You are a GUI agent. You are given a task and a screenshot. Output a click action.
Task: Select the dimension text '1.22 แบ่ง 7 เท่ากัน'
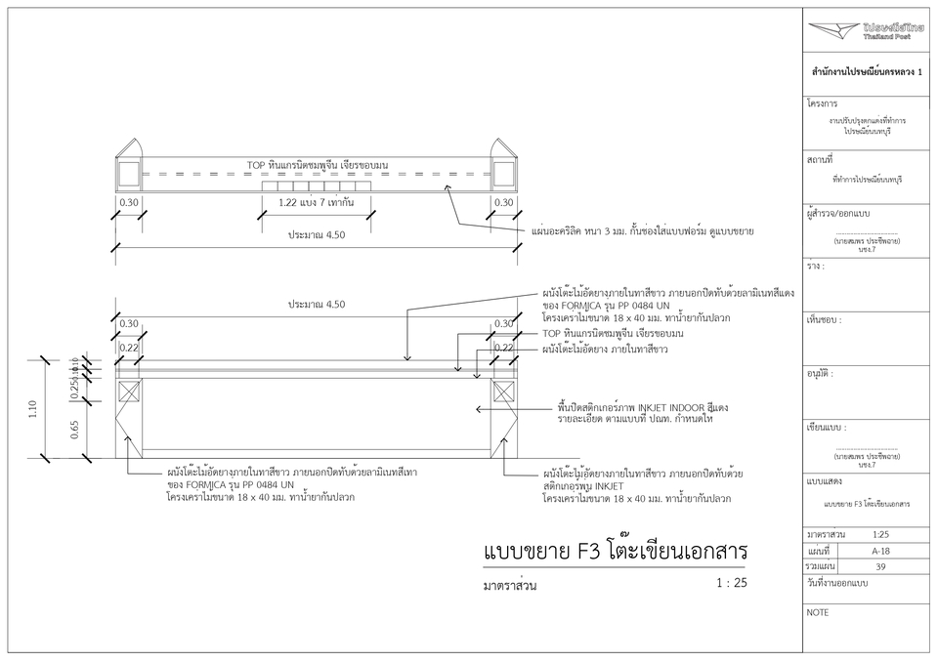click(315, 202)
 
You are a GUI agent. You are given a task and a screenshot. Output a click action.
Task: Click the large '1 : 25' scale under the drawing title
click(731, 583)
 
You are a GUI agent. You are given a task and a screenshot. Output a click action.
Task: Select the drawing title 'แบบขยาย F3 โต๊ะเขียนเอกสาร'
click(615, 552)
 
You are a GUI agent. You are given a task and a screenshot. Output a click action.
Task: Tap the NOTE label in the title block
click(818, 613)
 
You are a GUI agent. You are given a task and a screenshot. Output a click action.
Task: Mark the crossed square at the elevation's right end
click(503, 392)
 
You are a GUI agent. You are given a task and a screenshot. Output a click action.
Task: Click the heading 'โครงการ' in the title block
click(823, 103)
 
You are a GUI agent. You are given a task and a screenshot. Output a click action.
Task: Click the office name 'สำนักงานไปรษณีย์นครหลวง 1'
click(867, 72)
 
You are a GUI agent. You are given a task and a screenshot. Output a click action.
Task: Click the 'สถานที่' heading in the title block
click(821, 157)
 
